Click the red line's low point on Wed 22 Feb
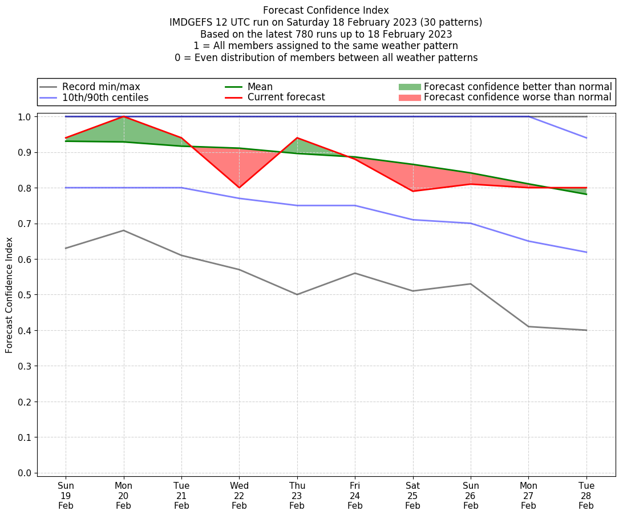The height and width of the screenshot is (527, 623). (239, 188)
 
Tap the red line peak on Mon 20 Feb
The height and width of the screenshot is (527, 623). (124, 116)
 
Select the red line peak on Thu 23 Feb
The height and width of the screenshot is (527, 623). (297, 138)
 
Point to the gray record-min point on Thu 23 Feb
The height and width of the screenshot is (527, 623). (297, 294)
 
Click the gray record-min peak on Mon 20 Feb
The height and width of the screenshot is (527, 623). (124, 230)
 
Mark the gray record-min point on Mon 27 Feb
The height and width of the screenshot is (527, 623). (528, 326)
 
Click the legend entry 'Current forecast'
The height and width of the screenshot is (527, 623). (286, 98)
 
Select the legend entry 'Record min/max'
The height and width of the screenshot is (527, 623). (101, 87)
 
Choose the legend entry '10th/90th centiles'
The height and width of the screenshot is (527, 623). (105, 98)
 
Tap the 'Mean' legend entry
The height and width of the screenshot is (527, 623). (260, 87)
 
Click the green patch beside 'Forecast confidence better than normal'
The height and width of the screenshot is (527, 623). (410, 87)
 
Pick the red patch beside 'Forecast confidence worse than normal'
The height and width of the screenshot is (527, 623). (410, 98)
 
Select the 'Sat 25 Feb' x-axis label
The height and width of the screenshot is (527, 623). (412, 496)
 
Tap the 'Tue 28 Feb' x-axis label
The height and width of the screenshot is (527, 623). (586, 496)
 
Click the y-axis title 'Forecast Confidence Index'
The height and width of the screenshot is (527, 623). (9, 295)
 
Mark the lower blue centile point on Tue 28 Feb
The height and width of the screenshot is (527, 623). (586, 252)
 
